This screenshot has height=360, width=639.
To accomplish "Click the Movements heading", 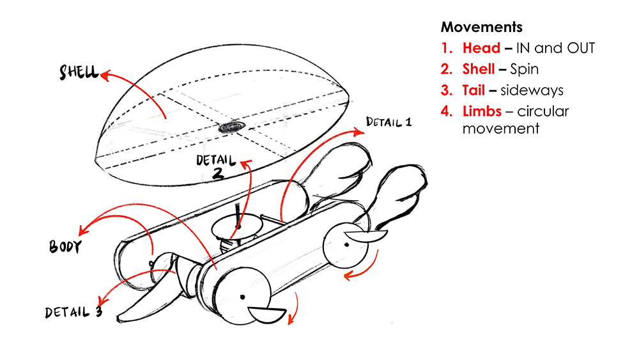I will tap(481, 27).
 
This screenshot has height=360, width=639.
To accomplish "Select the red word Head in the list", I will tap(481, 48).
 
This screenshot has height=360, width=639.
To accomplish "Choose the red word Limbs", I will tap(482, 111).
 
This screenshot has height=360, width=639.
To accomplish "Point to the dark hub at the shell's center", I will tap(231, 128).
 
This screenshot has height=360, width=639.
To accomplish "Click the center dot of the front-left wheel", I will tap(243, 296).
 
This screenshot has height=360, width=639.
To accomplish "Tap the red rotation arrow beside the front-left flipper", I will tap(295, 309).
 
